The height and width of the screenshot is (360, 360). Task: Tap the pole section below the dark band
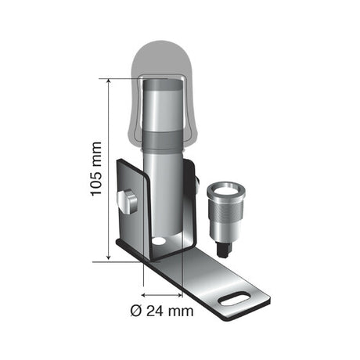(x=162, y=192)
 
